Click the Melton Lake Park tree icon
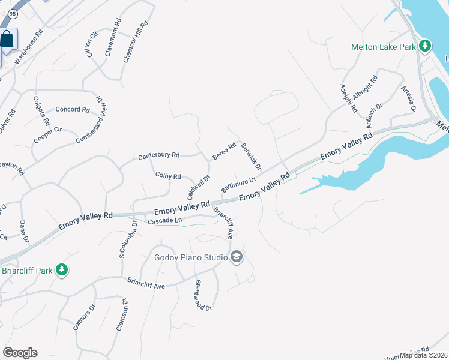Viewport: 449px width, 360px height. click(x=425, y=46)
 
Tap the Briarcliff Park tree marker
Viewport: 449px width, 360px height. click(x=61, y=271)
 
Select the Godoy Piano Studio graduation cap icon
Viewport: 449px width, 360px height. click(x=237, y=257)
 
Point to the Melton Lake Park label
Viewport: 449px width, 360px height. click(x=384, y=46)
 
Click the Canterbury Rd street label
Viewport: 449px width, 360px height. click(x=159, y=155)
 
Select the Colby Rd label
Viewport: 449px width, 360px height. click(x=168, y=176)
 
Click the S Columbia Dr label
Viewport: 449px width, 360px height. click(x=128, y=239)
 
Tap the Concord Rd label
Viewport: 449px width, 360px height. click(x=72, y=110)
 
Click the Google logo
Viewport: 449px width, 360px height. click(x=20, y=353)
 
